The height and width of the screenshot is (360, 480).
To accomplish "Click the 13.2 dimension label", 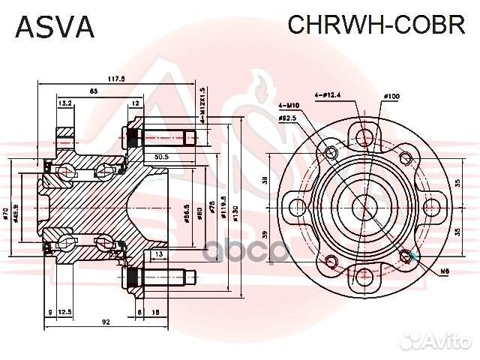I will (64, 103).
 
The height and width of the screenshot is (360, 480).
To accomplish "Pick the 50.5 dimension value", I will (160, 157).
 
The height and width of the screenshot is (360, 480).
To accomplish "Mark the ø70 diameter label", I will (6, 215).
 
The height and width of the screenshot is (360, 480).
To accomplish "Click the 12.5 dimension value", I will (65, 311).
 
